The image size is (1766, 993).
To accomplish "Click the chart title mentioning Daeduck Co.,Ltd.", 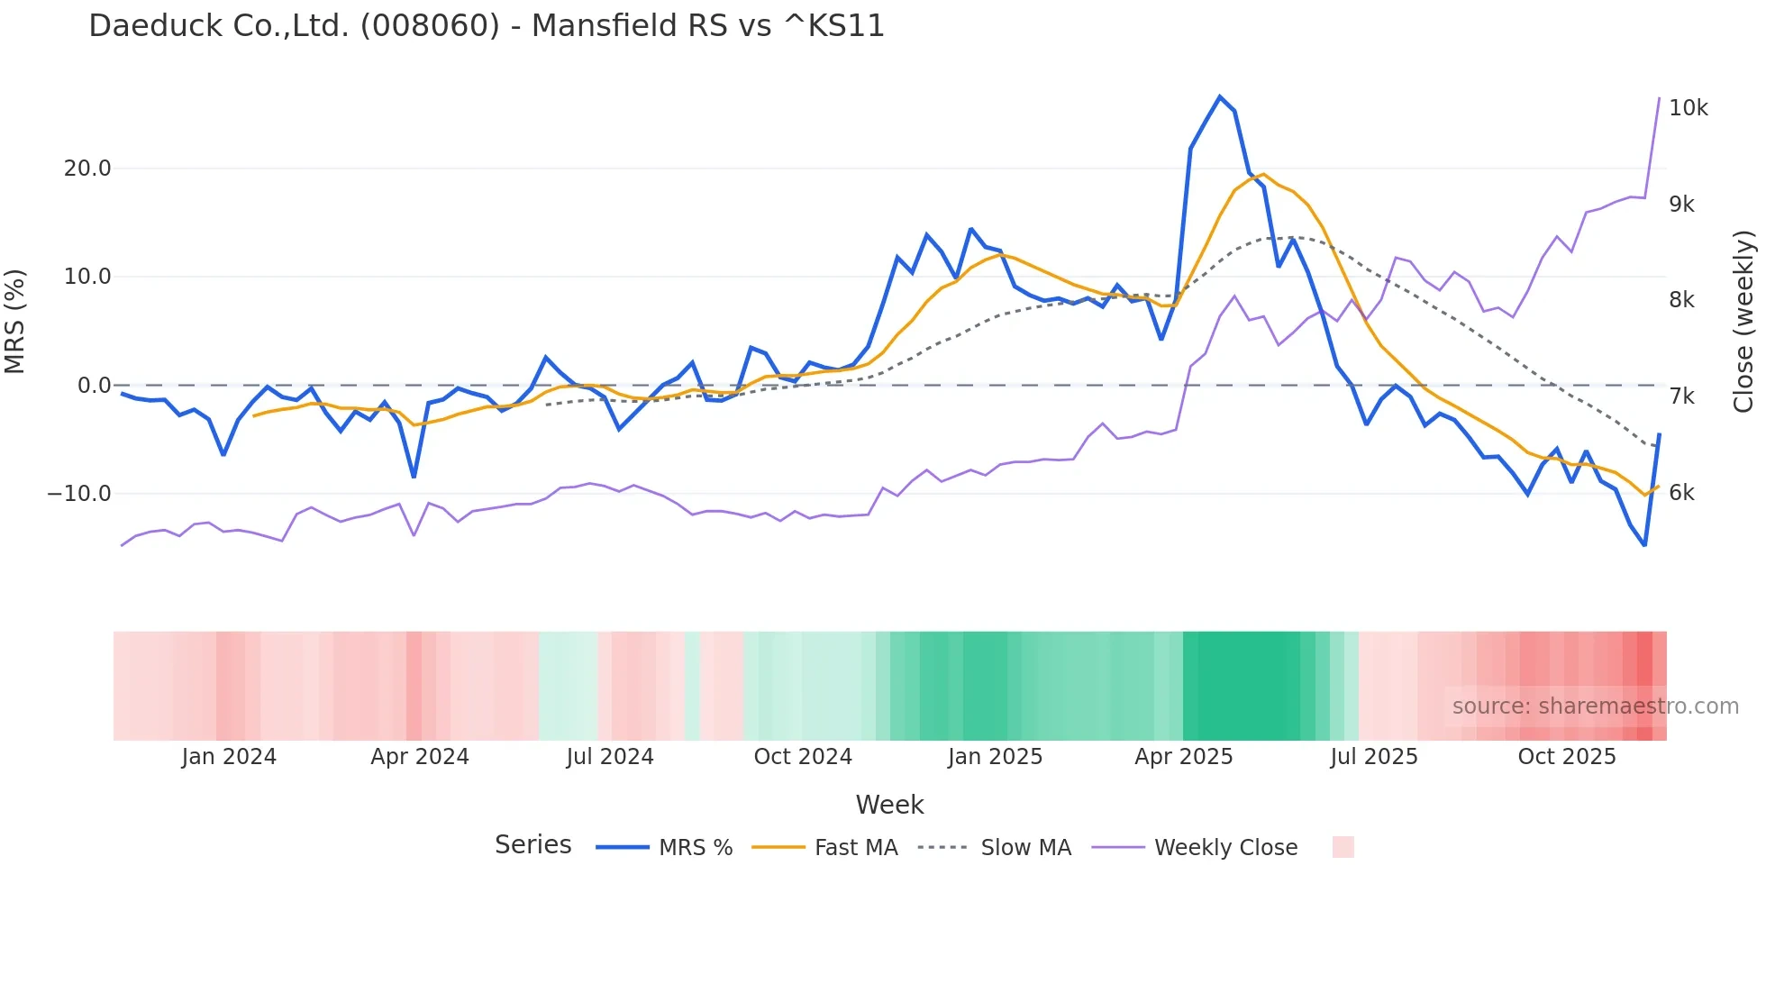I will (x=487, y=25).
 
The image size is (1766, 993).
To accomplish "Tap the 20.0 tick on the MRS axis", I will (x=87, y=169).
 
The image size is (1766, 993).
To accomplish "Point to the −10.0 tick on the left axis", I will (x=79, y=494).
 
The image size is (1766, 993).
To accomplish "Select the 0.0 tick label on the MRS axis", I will (x=94, y=386).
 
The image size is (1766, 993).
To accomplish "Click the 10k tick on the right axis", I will (x=1688, y=108).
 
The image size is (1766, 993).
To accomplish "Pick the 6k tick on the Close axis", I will (x=1681, y=493).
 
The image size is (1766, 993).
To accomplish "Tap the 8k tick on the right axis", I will (x=1681, y=300).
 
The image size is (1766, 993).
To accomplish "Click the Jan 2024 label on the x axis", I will (x=229, y=757).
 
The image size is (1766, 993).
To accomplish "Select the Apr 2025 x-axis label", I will (x=1183, y=757).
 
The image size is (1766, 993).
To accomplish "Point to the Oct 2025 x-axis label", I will (x=1567, y=757).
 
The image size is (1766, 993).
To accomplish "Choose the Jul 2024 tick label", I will (x=610, y=757).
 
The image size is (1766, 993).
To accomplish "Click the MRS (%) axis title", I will (x=14, y=322).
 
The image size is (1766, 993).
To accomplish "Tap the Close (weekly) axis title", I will (x=1743, y=322).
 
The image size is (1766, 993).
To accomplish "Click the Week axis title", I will (x=889, y=805).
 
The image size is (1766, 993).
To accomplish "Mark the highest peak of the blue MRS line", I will (x=1220, y=96).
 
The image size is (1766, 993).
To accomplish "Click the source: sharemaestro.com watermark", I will (x=1595, y=706).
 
